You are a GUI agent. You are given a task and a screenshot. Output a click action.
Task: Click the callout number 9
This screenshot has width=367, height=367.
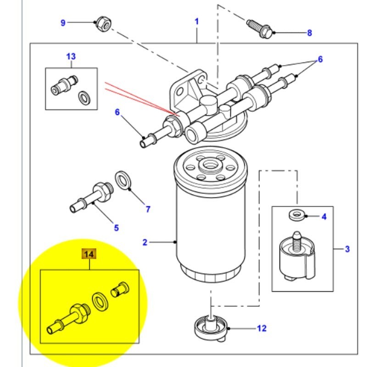click(x=63, y=22)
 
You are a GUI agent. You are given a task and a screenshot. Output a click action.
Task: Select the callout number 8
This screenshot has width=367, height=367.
click(x=309, y=33)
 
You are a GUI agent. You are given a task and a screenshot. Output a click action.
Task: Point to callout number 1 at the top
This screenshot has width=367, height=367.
click(x=197, y=22)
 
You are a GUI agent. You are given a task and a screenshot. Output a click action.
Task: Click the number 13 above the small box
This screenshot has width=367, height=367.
click(x=71, y=56)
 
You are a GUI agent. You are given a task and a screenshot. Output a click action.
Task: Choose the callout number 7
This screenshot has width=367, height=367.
click(x=148, y=209)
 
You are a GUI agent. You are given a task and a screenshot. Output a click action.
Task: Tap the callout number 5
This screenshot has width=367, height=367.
click(x=116, y=227)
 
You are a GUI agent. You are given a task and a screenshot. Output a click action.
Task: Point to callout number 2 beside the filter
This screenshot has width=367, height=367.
click(x=145, y=242)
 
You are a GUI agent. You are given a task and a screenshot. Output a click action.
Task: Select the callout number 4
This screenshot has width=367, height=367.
click(x=324, y=217)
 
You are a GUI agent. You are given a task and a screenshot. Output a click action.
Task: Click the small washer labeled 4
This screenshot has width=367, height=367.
click(x=296, y=215)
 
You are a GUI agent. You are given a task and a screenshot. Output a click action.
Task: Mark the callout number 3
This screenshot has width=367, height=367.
click(x=347, y=249)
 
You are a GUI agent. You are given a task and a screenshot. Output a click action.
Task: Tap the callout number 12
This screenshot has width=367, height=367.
click(x=261, y=328)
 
